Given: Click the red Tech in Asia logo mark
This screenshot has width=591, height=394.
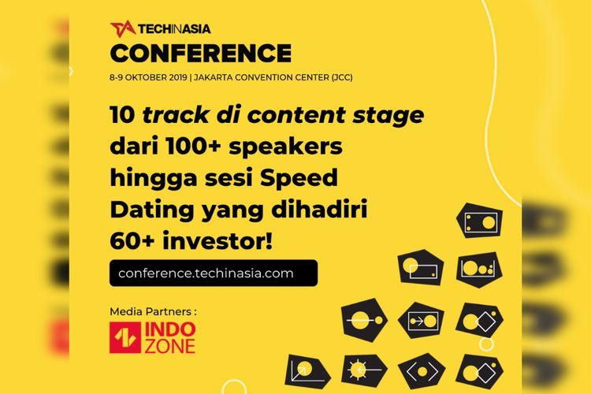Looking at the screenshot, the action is (122, 28).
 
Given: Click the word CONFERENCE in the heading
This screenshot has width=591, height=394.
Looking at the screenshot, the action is (201, 53).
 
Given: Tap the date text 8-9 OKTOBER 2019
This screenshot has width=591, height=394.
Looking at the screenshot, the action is (148, 78).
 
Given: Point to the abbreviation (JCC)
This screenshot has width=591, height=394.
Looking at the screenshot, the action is (342, 78).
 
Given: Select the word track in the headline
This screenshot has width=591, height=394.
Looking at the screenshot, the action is (175, 114).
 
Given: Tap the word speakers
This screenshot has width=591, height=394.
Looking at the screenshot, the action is (286, 147).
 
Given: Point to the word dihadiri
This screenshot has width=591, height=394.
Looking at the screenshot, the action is (319, 210).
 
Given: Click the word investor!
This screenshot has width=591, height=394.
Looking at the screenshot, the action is (217, 242).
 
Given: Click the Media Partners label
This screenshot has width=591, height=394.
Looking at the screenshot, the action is (153, 312).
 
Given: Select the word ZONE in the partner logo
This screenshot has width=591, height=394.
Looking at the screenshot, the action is (170, 346).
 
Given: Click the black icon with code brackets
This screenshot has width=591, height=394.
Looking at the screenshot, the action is (422, 371).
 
